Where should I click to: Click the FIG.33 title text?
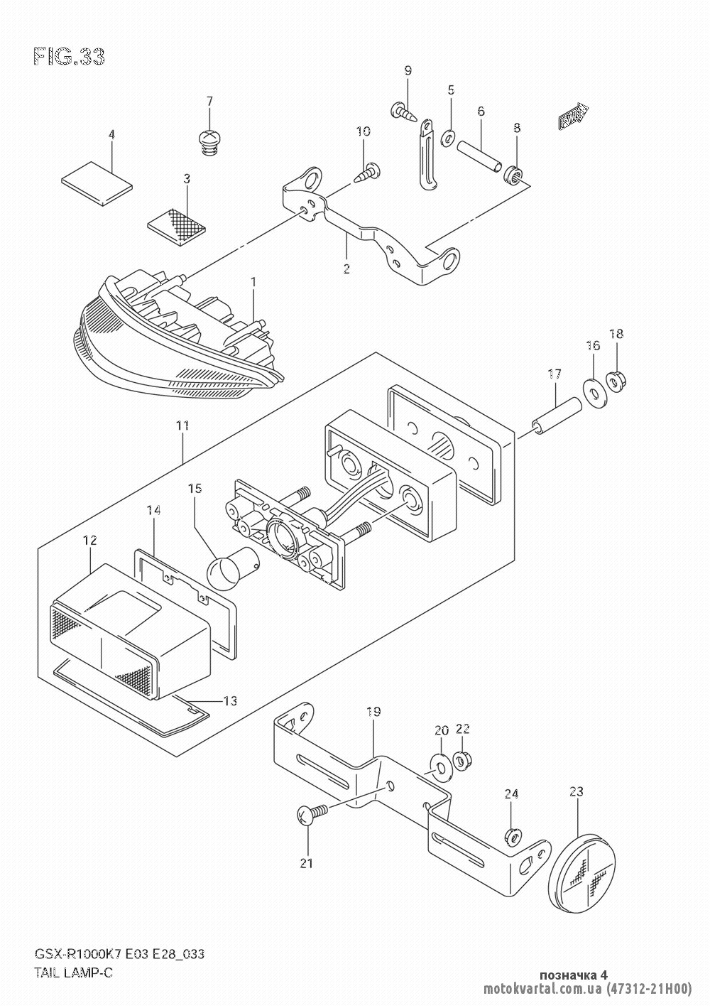[x=69, y=58]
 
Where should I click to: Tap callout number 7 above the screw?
[x=209, y=101]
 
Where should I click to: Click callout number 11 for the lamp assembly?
[x=182, y=426]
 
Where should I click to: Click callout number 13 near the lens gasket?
[x=229, y=702]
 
